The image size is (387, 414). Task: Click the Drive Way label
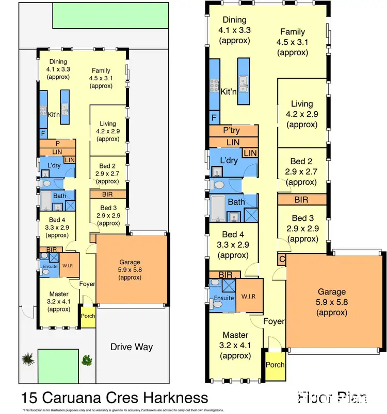click(132, 347)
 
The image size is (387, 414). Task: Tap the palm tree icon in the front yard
click(27, 358)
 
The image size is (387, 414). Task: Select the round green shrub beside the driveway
click(87, 359)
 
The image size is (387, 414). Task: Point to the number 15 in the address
click(29, 398)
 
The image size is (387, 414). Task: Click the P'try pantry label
click(231, 130)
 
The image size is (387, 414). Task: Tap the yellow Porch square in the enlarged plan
click(274, 365)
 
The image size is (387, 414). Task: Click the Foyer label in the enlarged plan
click(273, 321)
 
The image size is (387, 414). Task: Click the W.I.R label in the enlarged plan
click(249, 297)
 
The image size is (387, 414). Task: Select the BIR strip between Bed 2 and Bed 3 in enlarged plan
click(301, 199)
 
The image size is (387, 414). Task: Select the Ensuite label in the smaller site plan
click(50, 266)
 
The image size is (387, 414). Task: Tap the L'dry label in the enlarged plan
click(228, 161)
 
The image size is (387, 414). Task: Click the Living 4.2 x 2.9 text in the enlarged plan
click(302, 114)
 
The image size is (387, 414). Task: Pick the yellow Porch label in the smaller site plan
click(88, 317)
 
